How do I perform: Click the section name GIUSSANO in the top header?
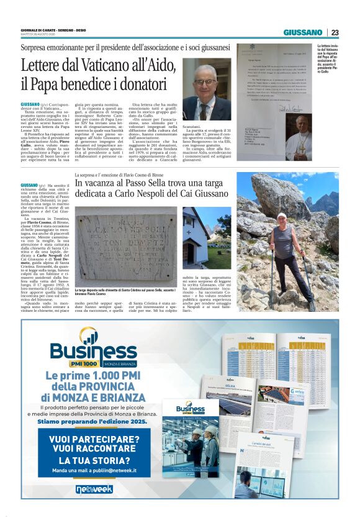tap(304, 32)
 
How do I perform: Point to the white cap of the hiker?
tap(282, 216)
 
